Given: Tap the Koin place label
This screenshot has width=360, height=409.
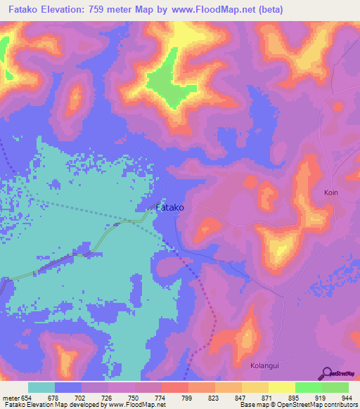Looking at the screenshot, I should [x=332, y=192].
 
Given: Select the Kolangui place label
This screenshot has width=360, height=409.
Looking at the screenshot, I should [x=266, y=365].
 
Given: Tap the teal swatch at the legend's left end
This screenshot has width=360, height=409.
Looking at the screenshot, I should [x=41, y=387].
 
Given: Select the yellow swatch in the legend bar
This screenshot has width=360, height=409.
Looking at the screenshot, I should [x=282, y=387].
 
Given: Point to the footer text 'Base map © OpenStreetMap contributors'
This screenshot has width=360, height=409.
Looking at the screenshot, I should [x=297, y=405].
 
